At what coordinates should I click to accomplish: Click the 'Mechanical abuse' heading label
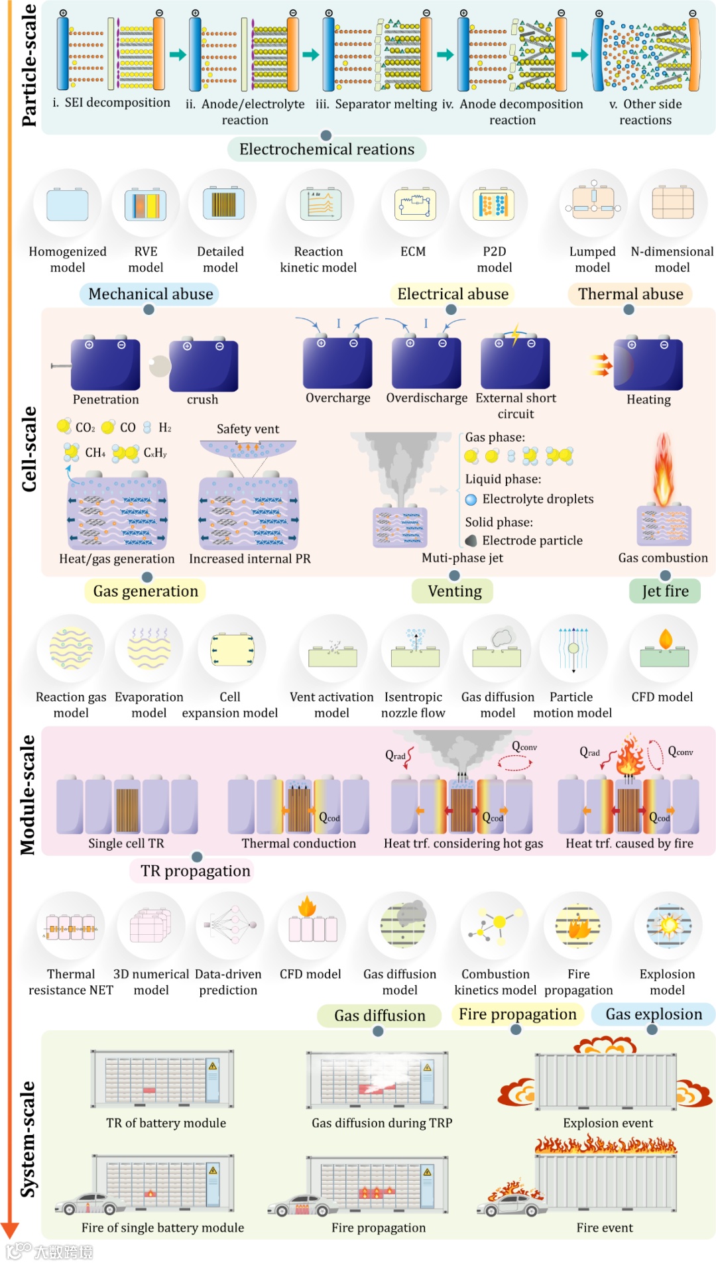(150, 294)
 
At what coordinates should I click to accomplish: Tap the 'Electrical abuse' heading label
(453, 294)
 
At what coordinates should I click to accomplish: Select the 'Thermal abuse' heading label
(630, 294)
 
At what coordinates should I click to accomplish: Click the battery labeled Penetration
(105, 364)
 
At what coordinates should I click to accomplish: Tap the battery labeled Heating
(648, 364)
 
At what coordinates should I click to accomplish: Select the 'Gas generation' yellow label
(145, 591)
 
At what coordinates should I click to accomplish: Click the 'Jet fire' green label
(665, 591)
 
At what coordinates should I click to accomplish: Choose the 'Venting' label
(454, 591)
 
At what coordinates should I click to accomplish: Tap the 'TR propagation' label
(195, 871)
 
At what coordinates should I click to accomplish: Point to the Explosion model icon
(668, 926)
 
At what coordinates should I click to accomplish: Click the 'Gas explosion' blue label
(654, 1014)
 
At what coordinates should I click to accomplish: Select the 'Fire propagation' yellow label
(517, 1014)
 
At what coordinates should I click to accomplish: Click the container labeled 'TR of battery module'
(162, 1079)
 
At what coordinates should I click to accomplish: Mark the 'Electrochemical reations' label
(327, 149)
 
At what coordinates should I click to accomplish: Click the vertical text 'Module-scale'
(28, 794)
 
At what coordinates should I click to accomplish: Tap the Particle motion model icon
(573, 648)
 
